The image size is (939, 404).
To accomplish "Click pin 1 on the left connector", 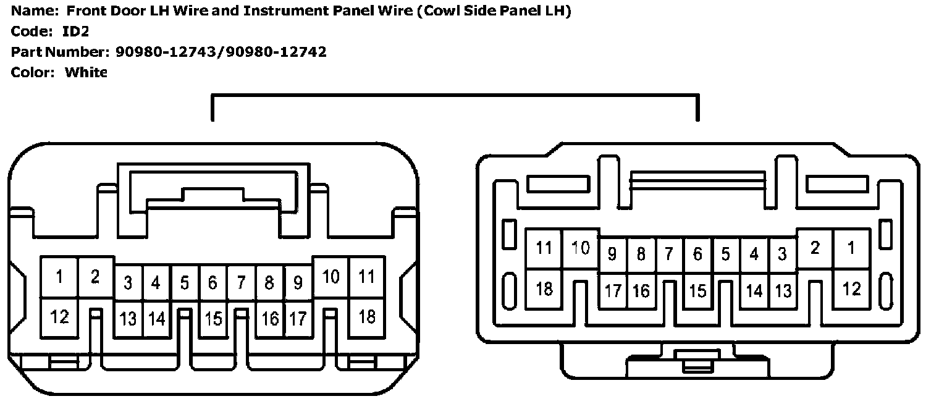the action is (x=59, y=277).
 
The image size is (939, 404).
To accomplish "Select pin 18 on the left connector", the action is (x=367, y=317).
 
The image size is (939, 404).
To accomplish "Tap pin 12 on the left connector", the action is (x=59, y=318).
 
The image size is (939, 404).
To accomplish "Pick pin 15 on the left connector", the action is (x=213, y=319).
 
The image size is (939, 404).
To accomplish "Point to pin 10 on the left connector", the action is (x=331, y=277).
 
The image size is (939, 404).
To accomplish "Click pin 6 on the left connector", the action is (x=213, y=283).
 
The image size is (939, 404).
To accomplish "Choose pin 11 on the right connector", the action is (x=544, y=248).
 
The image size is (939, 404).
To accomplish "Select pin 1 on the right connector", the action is (x=851, y=248).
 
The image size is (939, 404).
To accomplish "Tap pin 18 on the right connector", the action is (x=544, y=288).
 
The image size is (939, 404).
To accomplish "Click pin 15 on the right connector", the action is (x=697, y=290).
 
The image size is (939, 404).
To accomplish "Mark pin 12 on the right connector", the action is (x=851, y=288).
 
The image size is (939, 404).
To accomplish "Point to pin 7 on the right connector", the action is (x=669, y=254).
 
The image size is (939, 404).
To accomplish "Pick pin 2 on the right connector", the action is (x=815, y=248).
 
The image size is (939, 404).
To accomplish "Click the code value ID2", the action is (x=76, y=32).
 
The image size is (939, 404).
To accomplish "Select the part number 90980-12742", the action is (x=276, y=52).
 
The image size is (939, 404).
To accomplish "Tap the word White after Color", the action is (x=86, y=72).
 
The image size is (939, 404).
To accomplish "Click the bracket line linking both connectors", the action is (x=455, y=95).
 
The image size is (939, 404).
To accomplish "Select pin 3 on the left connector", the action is (x=128, y=283).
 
